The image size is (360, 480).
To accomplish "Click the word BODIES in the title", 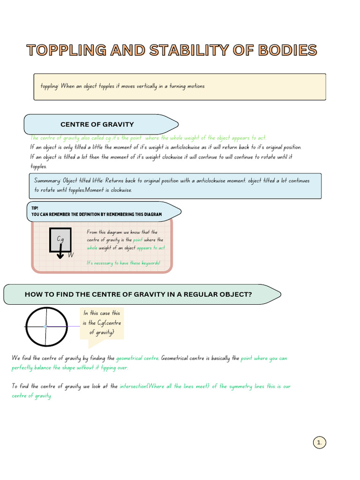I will point(281,50).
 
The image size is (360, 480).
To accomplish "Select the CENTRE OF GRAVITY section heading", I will point(97,124).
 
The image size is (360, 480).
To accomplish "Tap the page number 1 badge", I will point(319,442).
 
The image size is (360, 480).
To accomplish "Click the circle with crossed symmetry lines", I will point(45,326).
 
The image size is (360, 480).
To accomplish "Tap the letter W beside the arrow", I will point(71,255).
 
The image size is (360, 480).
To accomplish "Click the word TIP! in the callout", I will point(35,208).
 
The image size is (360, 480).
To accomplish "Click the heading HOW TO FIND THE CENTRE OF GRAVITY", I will point(138,294).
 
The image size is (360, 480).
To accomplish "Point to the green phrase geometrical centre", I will point(137,358).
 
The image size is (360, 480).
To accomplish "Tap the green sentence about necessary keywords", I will point(123,263).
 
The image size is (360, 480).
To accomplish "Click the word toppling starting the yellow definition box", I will point(49,86).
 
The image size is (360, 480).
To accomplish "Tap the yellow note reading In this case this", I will point(102,313).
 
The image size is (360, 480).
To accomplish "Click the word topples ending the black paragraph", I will point(38,166).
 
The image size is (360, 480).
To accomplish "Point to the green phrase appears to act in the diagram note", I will point(151,247).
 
